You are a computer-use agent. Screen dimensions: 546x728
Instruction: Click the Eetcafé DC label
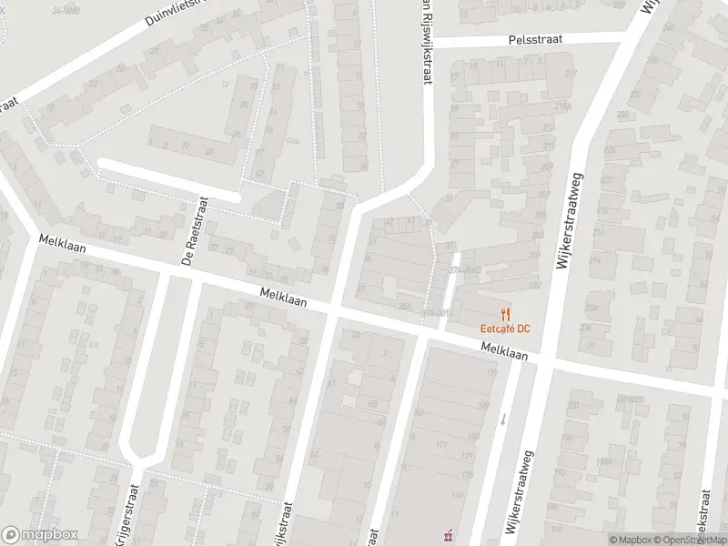point(500,328)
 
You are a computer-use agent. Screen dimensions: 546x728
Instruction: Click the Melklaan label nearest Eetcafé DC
point(506,350)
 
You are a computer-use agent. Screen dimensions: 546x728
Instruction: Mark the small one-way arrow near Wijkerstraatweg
point(503,419)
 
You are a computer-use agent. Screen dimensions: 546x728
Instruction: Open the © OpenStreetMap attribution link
point(689,540)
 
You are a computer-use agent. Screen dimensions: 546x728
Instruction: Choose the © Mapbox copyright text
point(631,540)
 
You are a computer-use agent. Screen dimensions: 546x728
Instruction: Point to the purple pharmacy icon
point(446,536)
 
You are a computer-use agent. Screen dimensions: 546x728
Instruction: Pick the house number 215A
point(565,106)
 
